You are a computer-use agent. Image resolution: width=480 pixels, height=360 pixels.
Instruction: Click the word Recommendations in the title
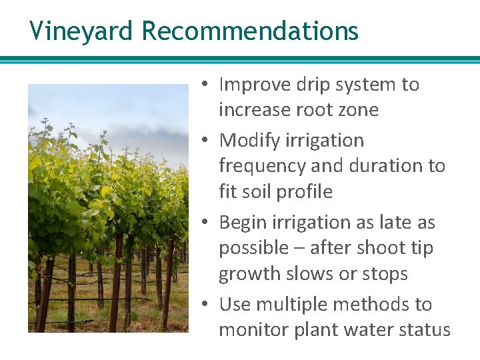250,31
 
